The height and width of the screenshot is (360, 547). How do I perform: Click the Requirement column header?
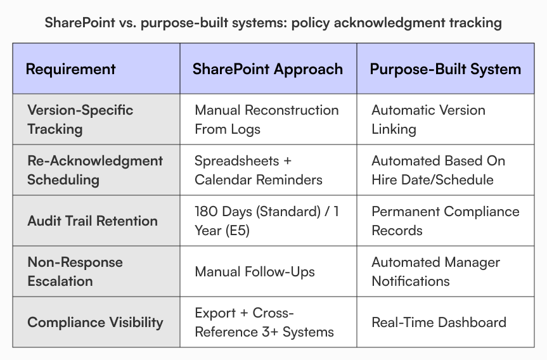[70, 69]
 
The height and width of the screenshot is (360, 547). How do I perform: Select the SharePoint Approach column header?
[267, 69]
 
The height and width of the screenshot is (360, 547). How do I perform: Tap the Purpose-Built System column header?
[446, 69]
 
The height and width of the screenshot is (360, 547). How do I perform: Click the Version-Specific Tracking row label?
[80, 119]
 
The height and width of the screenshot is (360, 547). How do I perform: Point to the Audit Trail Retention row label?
[92, 221]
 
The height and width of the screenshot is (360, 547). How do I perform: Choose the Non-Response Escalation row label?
[75, 271]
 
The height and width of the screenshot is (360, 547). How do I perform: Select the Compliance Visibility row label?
[95, 322]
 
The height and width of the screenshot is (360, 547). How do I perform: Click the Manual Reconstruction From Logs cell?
[266, 119]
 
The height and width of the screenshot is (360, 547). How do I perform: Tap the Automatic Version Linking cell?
[428, 119]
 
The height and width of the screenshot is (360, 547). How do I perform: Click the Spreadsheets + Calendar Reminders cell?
[258, 170]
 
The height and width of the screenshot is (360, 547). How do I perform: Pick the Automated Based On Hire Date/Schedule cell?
[438, 170]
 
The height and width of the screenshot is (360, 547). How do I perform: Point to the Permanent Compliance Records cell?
[445, 221]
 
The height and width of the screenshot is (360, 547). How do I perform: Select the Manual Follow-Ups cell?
[255, 272]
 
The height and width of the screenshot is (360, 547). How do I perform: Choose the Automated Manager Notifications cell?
[435, 271]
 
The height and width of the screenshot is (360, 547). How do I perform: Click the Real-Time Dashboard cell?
[439, 322]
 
